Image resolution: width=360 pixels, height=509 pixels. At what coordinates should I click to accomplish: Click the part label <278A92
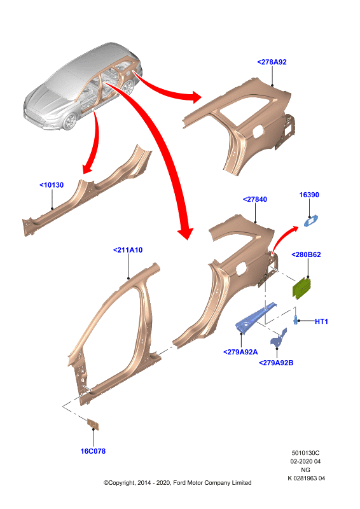[x=272, y=62]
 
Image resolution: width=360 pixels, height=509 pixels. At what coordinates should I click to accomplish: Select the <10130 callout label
[x=52, y=185]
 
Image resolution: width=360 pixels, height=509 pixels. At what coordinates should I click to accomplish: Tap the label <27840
[x=255, y=199]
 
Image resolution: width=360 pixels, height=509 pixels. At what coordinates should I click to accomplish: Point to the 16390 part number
[x=309, y=195]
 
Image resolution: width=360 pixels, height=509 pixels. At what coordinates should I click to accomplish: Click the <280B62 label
[x=306, y=255]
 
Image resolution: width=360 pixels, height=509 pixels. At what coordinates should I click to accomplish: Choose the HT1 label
[x=321, y=321]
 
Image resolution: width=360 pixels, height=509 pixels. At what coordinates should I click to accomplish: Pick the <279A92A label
[x=240, y=352]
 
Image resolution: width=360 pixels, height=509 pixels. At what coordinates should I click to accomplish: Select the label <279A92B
[x=276, y=363]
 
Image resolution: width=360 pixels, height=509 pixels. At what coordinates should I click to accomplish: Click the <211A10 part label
[x=128, y=250]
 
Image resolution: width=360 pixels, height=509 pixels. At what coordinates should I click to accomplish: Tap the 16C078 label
[x=93, y=451]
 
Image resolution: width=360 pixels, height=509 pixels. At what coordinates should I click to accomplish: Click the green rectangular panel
[x=302, y=288]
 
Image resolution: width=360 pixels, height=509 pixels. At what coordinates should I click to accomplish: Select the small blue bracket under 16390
[x=310, y=221]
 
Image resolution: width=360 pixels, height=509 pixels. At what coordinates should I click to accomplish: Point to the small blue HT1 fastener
[x=296, y=319]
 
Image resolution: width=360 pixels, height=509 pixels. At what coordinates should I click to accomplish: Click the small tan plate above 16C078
[x=93, y=424]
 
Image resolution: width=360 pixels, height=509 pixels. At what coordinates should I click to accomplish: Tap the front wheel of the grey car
[x=69, y=122]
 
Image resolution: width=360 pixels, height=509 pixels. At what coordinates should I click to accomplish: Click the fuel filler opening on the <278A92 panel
[x=256, y=132]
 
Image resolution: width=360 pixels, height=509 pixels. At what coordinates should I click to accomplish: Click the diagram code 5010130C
[x=305, y=453]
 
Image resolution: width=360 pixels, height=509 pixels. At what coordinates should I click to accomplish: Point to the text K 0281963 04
[x=306, y=478]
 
